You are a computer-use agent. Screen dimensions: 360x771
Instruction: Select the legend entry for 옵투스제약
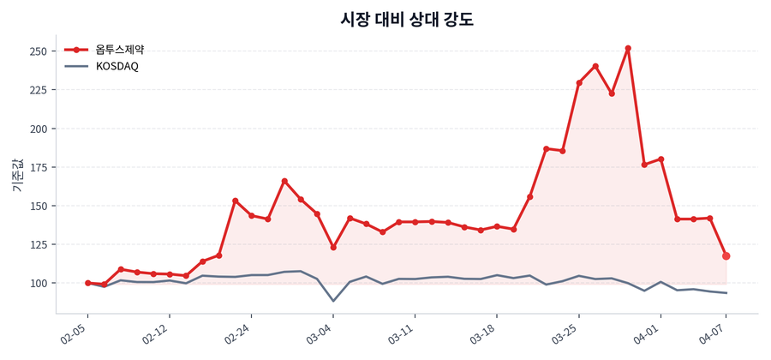point(119,50)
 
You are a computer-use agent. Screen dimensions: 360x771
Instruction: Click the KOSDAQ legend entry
point(117,66)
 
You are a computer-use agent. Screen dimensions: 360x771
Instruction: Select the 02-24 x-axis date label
point(238,333)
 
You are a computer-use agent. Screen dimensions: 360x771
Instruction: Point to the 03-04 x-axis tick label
point(320,333)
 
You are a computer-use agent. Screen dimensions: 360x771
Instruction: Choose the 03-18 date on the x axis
point(484,333)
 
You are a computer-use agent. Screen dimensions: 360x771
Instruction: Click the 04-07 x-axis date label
point(714,333)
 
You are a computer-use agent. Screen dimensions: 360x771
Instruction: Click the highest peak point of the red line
point(628,49)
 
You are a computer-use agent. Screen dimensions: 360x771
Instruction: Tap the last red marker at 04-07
point(726,256)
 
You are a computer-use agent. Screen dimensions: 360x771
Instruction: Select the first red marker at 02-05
point(88,283)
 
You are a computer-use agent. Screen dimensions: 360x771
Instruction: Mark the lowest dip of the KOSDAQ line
point(333,301)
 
